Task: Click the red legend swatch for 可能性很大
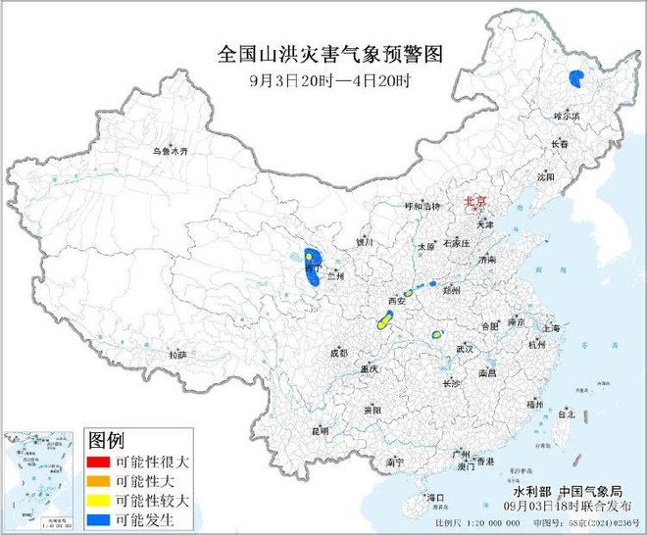click(103, 462)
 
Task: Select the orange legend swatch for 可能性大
click(103, 480)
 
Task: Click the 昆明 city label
click(320, 430)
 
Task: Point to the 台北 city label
click(566, 414)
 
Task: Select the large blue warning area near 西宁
click(311, 267)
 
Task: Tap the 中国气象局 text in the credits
click(589, 490)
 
